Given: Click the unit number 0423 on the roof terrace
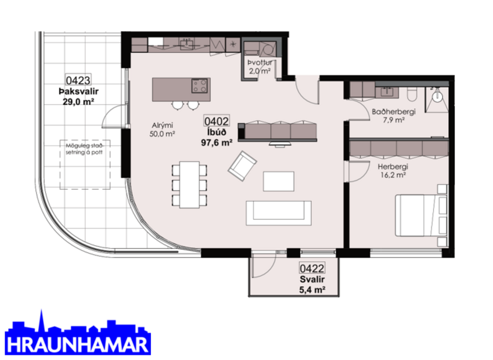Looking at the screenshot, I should click(x=78, y=81).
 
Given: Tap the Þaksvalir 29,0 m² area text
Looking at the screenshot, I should click(x=78, y=95).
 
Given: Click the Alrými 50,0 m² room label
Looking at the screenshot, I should click(x=163, y=129).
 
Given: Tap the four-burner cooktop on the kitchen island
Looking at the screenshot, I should click(x=200, y=87).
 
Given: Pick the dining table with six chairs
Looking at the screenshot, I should click(x=189, y=185).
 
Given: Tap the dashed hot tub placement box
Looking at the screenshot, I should click(x=85, y=164).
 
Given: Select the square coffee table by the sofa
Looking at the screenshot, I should click(x=278, y=181).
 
